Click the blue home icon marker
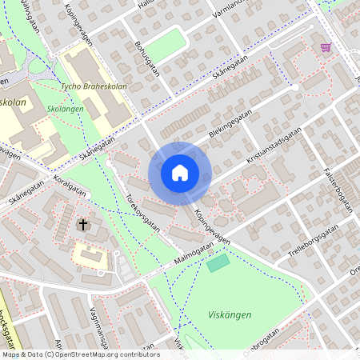tap(180, 173)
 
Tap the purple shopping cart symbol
tap(326, 47)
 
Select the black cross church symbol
tap(83, 226)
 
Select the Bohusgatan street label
tap(149, 58)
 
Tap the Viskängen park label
tap(230, 315)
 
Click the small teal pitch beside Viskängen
tap(218, 262)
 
